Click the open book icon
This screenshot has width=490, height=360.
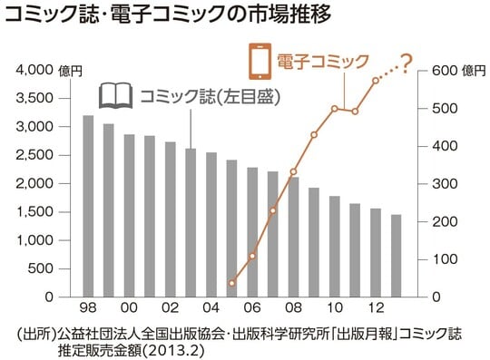tap(114, 94)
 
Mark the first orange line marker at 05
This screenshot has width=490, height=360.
tap(231, 284)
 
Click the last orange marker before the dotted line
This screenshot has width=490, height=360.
tap(376, 82)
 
